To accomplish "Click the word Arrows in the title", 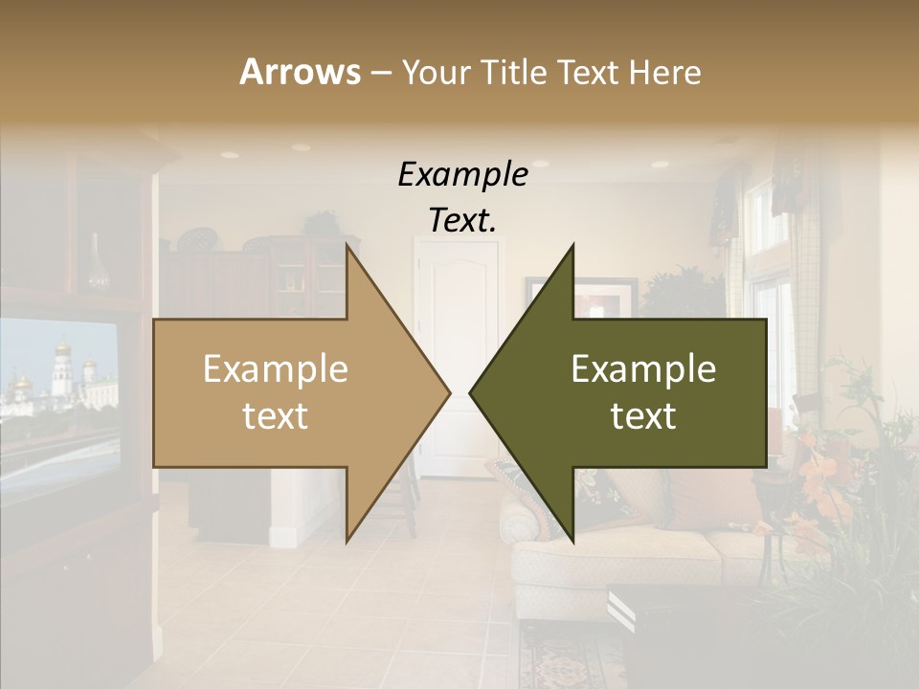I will point(301,72).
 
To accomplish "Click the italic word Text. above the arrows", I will point(462,220).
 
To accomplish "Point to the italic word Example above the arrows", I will point(462,175).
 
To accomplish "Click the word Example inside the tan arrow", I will point(276,368).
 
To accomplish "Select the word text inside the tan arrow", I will point(276,416).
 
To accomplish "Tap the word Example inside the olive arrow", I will point(643,368).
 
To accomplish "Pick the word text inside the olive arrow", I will point(643,416).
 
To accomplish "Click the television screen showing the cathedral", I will point(57,383).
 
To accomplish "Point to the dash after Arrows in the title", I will point(380,73).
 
